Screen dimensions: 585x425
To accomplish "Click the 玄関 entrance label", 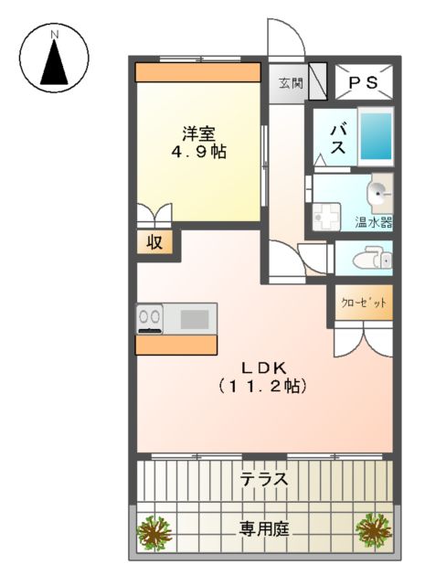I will (x=291, y=83).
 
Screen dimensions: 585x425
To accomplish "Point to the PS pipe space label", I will (x=365, y=83).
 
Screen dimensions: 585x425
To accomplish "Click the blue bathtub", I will (x=375, y=137).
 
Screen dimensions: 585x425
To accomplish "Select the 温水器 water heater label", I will (x=373, y=222).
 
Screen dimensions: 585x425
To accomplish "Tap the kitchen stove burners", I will (x=149, y=318).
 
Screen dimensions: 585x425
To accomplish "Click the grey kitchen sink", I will (x=194, y=319).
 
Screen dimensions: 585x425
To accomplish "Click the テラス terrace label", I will (x=264, y=478).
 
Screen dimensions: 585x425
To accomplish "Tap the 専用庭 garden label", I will (x=264, y=527).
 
